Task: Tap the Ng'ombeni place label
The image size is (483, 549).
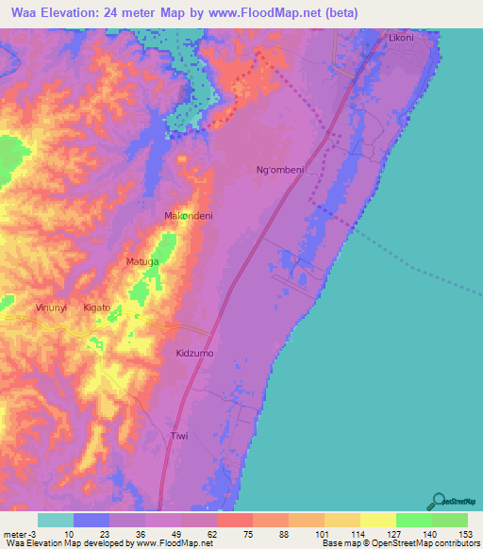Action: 280,170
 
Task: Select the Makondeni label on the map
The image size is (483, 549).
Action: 189,216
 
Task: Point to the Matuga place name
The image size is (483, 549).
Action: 142,260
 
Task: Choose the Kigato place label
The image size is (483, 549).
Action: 97,308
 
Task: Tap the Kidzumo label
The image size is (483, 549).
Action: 195,353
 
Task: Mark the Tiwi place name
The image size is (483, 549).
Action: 179,436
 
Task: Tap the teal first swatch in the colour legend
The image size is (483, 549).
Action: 56,520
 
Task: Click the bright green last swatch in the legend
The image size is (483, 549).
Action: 450,520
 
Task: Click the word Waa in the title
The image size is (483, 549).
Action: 24,12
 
